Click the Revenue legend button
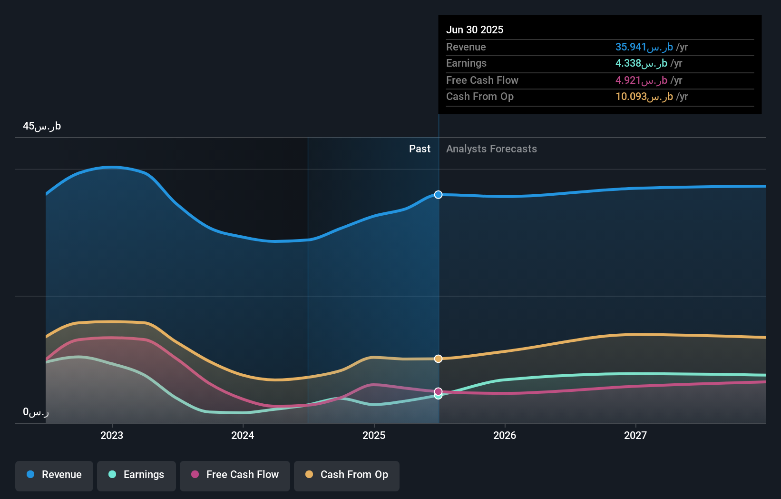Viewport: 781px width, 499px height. [x=54, y=475]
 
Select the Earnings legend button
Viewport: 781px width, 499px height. [x=137, y=475]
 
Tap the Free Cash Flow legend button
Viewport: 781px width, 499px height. [x=235, y=475]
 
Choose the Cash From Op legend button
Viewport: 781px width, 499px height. [x=347, y=475]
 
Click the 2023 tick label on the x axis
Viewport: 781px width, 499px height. [x=112, y=436]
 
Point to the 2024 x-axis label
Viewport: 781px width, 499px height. [x=243, y=436]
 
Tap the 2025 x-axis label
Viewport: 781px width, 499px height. [x=374, y=436]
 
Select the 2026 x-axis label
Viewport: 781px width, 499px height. [x=505, y=436]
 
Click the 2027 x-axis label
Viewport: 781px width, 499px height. [x=635, y=436]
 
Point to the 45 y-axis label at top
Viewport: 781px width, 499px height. [x=42, y=126]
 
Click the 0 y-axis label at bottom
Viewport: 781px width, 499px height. [x=36, y=412]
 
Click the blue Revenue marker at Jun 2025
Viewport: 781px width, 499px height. [x=438, y=195]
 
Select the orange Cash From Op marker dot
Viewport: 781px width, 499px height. [x=438, y=359]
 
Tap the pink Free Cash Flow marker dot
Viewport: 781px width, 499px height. [x=438, y=391]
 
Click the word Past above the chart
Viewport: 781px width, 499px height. [x=420, y=149]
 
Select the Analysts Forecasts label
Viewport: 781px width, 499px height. [x=491, y=149]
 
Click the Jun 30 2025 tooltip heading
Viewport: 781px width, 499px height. [x=474, y=30]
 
